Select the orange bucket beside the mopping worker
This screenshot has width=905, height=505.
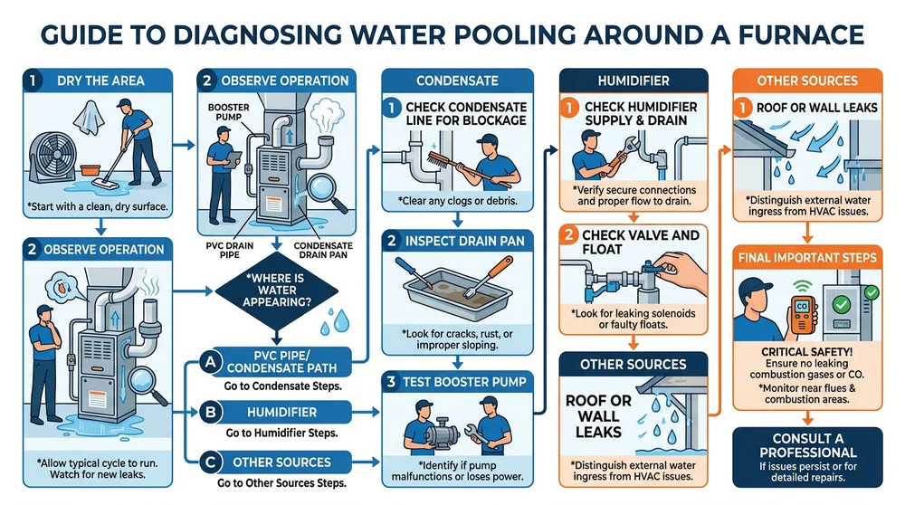[90, 169]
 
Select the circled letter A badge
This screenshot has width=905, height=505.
[210, 362]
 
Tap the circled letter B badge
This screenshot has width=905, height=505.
[210, 412]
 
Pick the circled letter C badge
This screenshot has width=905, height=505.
[210, 462]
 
